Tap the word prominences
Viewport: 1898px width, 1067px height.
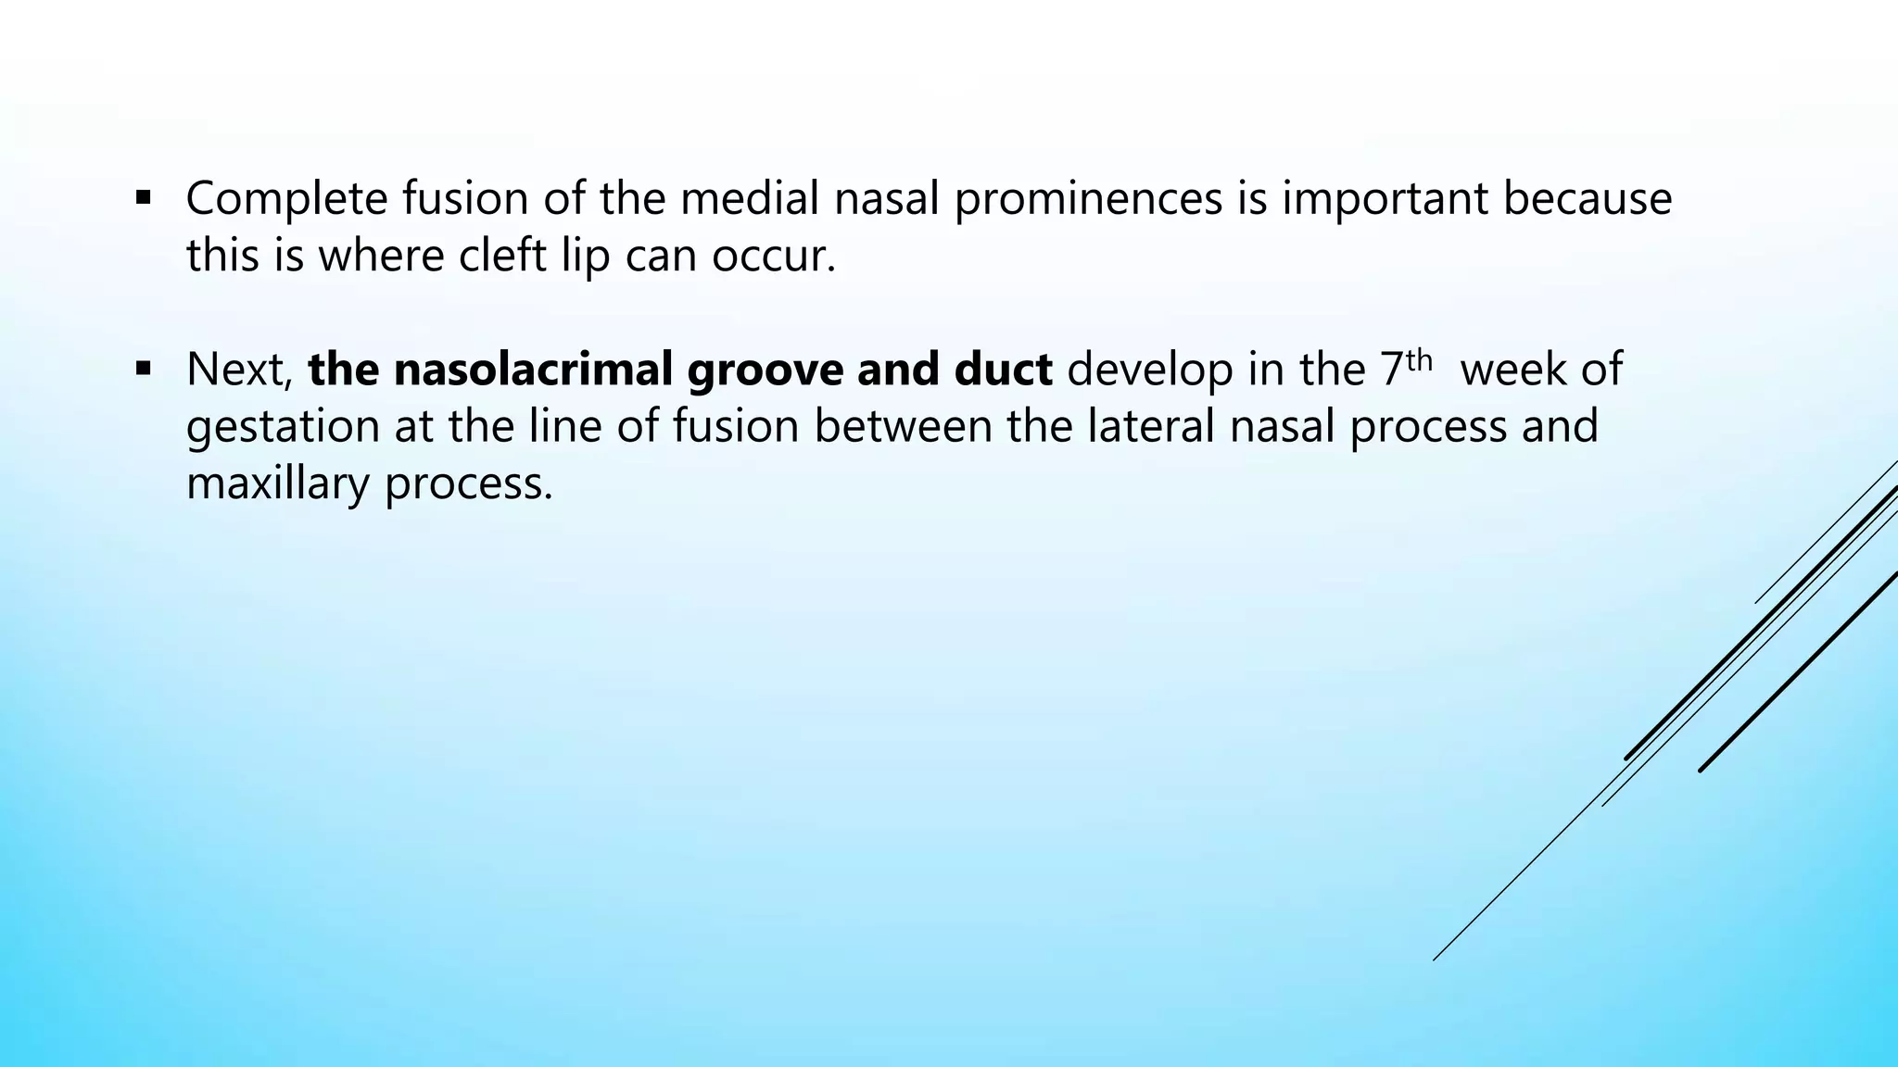(1087, 199)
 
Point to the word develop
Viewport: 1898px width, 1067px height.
(1149, 370)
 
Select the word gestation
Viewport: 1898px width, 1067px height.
(283, 427)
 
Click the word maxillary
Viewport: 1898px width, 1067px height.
(277, 483)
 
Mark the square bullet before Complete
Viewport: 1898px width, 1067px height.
(143, 197)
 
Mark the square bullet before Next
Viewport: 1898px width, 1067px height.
(143, 369)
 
